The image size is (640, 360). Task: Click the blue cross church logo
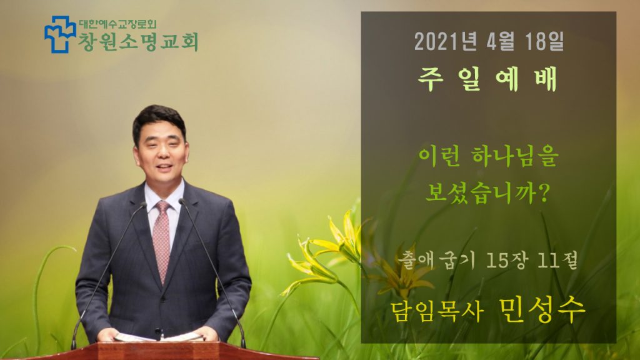[x=60, y=34]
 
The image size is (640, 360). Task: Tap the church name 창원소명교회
[x=138, y=42]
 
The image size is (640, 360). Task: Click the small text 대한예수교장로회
[x=117, y=24]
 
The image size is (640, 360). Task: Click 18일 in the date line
[x=545, y=41]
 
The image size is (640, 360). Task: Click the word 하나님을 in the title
[x=514, y=157]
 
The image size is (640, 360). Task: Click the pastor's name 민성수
[x=542, y=310]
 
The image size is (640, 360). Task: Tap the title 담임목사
[x=437, y=312]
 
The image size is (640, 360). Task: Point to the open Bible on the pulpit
[x=159, y=337]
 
